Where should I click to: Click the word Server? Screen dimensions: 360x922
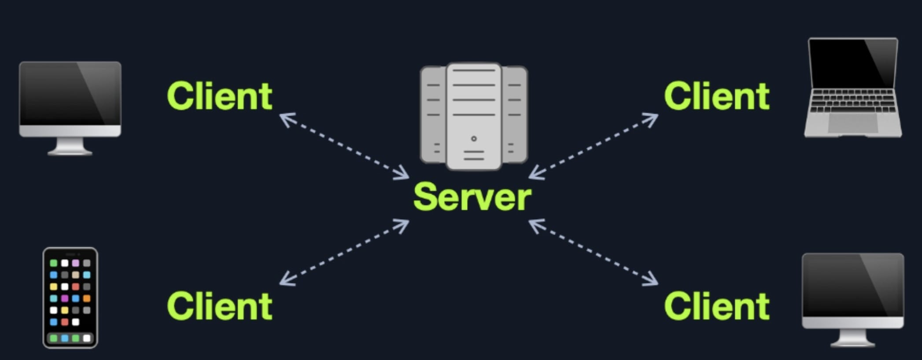coord(472,198)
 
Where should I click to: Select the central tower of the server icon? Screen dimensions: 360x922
coord(474,117)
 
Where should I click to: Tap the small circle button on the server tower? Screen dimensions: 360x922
coord(474,139)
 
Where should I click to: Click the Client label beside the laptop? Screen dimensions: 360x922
coord(717,96)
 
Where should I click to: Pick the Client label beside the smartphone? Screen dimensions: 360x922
coord(220,307)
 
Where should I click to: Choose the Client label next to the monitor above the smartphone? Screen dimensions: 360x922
coord(220,96)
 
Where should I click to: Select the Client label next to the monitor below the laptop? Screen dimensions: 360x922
coord(717,307)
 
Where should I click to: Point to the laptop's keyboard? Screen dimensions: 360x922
coord(853,101)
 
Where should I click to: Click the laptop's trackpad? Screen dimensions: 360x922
coord(853,124)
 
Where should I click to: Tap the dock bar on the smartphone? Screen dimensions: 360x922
coord(70,338)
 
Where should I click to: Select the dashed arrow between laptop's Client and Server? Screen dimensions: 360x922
coord(594,146)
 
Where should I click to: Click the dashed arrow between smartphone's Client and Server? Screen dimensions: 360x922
coord(344,252)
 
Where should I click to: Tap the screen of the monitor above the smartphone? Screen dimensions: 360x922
coord(70,94)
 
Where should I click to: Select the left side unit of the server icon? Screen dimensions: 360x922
coord(433,114)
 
